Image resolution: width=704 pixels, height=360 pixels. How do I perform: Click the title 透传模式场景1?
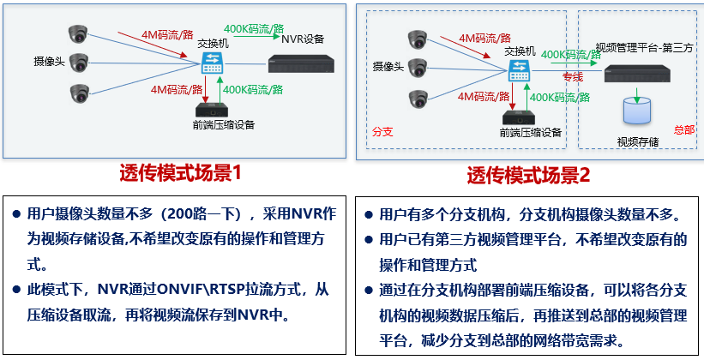(x=181, y=173)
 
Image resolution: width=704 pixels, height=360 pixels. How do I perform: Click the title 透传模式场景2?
(x=528, y=175)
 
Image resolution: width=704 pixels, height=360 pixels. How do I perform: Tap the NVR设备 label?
(x=303, y=39)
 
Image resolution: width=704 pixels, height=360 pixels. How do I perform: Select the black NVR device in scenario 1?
(x=304, y=64)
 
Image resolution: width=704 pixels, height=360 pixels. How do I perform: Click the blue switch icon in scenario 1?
(x=212, y=63)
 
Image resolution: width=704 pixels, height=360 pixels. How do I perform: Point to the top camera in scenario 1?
(x=79, y=34)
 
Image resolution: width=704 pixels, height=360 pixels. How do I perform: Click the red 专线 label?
(x=572, y=77)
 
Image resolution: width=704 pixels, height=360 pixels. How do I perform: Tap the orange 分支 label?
(x=382, y=132)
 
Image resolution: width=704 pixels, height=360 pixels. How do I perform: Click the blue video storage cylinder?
(x=636, y=111)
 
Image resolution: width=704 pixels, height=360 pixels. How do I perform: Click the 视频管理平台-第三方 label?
(x=644, y=47)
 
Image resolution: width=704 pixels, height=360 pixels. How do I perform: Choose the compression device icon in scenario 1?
(x=211, y=109)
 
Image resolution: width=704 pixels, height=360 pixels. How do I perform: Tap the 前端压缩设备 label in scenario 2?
(x=531, y=133)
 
